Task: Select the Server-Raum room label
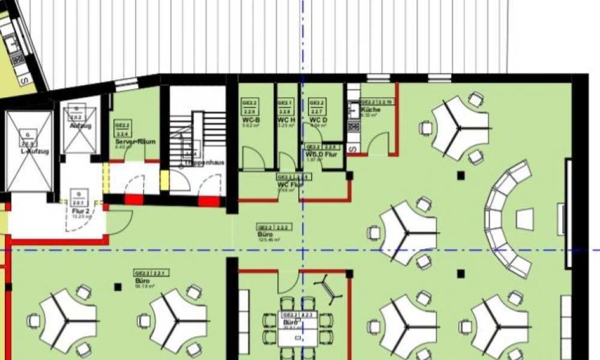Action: click(x=135, y=142)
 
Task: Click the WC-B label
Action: click(x=250, y=121)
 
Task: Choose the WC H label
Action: click(x=286, y=121)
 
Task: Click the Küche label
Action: click(x=370, y=110)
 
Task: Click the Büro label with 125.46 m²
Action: click(x=266, y=235)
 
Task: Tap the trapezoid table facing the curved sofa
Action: click(x=525, y=217)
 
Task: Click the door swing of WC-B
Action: click(x=252, y=157)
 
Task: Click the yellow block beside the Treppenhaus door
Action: click(x=164, y=181)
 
